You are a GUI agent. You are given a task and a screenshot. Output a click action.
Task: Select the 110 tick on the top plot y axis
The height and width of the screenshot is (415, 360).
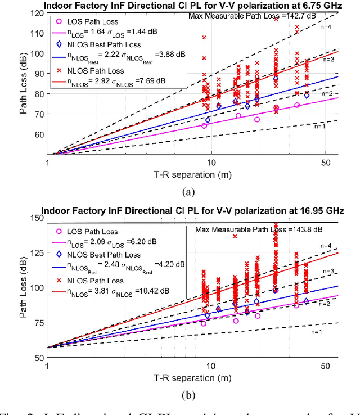pyautogui.click(x=38, y=33)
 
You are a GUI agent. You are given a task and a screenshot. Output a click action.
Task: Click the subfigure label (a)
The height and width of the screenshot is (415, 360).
pyautogui.click(x=188, y=192)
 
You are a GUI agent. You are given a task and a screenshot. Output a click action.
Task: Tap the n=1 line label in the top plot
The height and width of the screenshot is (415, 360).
pyautogui.click(x=321, y=127)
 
